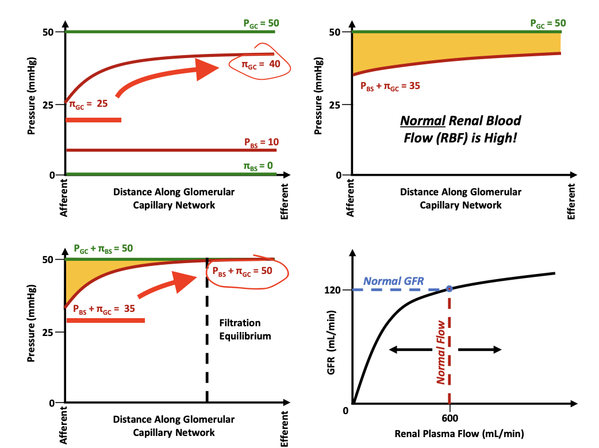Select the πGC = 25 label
point(89,105)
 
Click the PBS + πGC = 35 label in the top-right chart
point(390,87)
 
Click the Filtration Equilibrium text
point(245,329)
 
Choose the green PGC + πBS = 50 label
point(103,249)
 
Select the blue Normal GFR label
point(394,281)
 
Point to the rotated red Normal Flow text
point(441,352)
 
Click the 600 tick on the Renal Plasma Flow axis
point(449,419)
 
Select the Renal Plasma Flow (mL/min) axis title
point(459,433)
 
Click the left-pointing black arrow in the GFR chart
point(408,350)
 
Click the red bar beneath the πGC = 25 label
point(94,120)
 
